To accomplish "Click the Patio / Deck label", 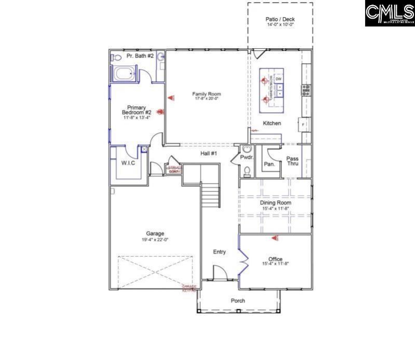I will click(x=280, y=20).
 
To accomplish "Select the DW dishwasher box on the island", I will click(x=279, y=79).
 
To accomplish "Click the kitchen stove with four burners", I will click(x=306, y=91).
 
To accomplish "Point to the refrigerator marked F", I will click(x=303, y=124).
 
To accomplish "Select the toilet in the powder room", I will click(x=247, y=172).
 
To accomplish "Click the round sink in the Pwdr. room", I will click(x=239, y=148).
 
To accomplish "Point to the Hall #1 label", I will click(x=209, y=154).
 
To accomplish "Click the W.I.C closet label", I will click(x=128, y=163).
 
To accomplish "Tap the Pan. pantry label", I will click(x=269, y=163).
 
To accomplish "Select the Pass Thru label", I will click(x=293, y=161).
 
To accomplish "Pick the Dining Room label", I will click(x=275, y=202).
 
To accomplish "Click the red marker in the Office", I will click(x=276, y=239).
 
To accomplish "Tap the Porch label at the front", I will click(x=238, y=301).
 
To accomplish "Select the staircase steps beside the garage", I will click(x=211, y=197).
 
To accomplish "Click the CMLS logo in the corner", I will click(x=390, y=13).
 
